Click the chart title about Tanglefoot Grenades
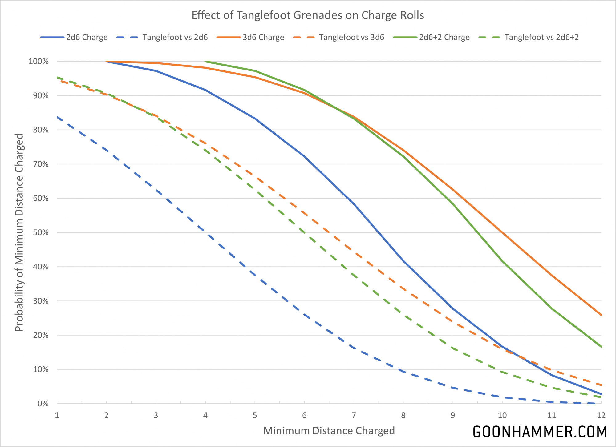tap(308, 15)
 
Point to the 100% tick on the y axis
tap(39, 62)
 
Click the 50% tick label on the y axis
tap(41, 233)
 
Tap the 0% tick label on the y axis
tap(43, 404)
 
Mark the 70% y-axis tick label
tap(41, 164)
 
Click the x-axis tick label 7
tap(354, 415)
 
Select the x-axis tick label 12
tap(601, 415)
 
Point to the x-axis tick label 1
tap(57, 415)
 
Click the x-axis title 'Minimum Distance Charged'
tap(329, 431)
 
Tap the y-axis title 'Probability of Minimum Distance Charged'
tap(19, 232)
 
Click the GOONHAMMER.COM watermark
tap(540, 432)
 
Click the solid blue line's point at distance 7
tap(354, 204)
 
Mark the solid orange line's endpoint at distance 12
tap(601, 315)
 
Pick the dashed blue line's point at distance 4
tap(205, 233)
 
